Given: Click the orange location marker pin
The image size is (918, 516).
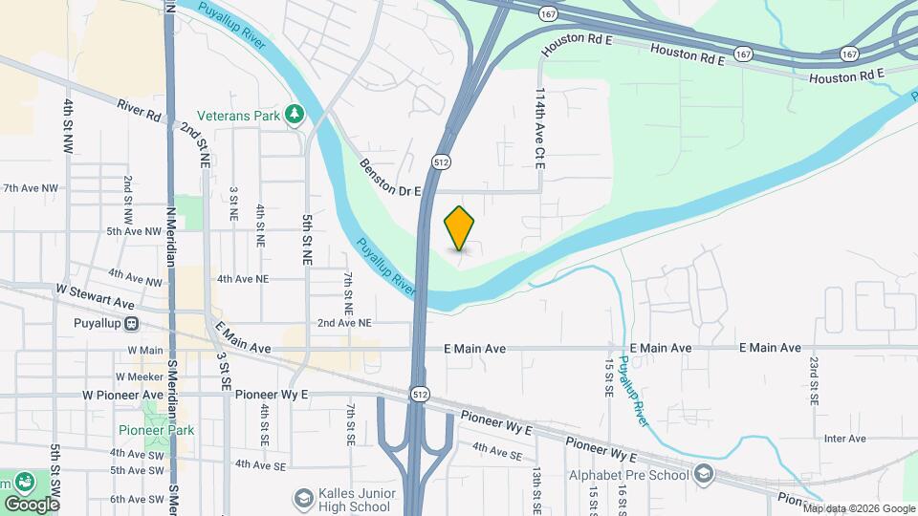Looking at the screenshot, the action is tap(460, 227).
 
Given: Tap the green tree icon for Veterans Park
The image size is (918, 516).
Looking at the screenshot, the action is tap(295, 116).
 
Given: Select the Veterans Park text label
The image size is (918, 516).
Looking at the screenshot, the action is tap(239, 116).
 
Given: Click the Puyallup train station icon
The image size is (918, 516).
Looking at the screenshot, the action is tap(130, 323).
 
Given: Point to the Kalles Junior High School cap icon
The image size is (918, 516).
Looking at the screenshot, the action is tap(303, 498).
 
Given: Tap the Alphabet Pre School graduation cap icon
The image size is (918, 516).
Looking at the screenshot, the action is tap(704, 475).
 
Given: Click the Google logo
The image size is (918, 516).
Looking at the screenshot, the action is tap(32, 504).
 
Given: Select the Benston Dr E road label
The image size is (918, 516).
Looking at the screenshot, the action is tap(390, 178).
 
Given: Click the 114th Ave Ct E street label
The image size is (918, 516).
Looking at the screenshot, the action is tap(539, 130).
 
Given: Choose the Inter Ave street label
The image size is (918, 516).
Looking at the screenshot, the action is tap(844, 439).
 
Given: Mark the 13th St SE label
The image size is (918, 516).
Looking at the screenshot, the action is tap(537, 487).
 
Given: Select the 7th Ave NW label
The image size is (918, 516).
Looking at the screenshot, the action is tap(31, 188).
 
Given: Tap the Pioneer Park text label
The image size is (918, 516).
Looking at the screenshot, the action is tap(157, 430).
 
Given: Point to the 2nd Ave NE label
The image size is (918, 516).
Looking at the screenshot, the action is tap(344, 323).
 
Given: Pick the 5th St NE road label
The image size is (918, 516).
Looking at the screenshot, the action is tap(307, 239).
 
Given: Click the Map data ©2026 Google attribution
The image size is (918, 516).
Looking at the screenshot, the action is tap(858, 508).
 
